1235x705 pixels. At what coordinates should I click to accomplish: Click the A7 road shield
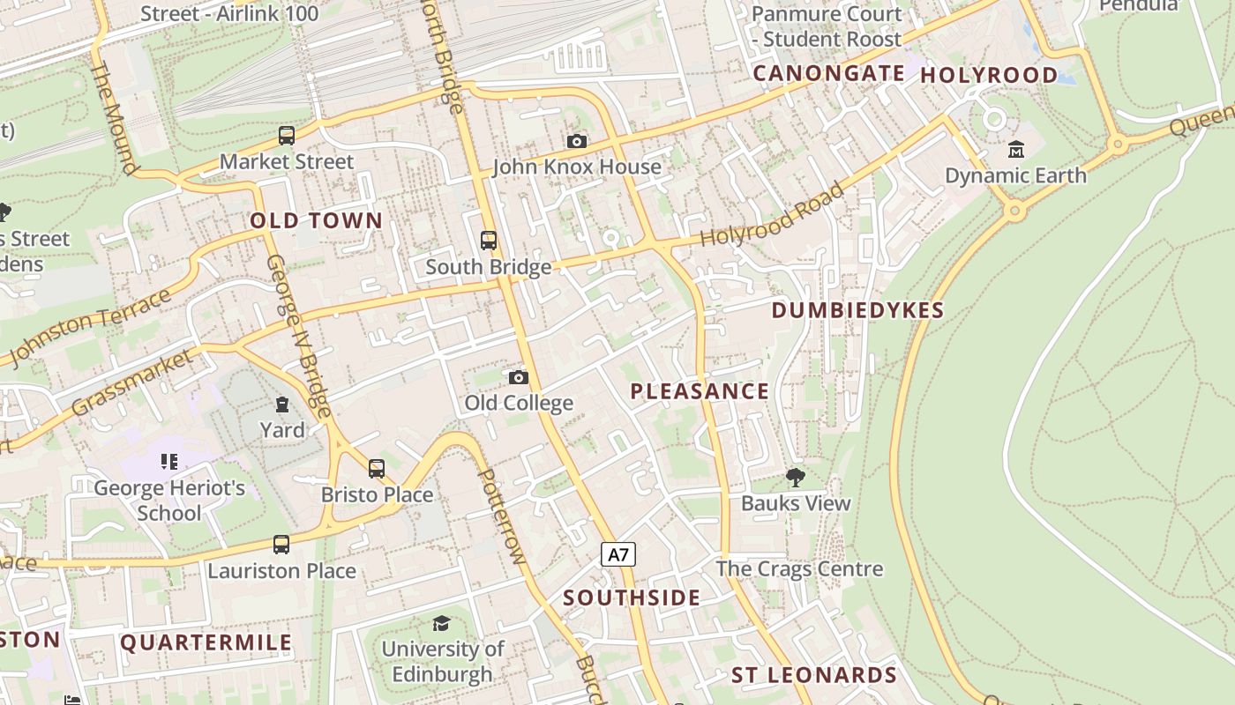618,554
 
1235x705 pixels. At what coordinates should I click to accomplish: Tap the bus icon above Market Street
286,136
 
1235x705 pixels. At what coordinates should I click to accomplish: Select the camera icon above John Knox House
577,141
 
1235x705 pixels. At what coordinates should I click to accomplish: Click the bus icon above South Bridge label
488,240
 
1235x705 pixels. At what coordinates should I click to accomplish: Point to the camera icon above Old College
519,377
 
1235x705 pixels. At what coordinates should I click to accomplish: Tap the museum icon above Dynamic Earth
1015,149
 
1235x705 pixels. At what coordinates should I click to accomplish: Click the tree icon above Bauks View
795,478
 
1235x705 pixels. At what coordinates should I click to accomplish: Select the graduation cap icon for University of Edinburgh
441,624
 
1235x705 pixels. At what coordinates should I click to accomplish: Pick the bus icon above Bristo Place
377,469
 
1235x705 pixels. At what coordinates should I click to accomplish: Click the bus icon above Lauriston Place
281,545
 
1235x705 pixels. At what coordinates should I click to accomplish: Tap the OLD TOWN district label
317,220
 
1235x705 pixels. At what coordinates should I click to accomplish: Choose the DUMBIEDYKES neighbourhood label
857,310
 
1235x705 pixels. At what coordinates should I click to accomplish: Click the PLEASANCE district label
700,391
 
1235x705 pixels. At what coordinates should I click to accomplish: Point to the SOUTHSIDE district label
632,597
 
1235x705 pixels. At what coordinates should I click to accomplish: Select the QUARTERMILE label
206,642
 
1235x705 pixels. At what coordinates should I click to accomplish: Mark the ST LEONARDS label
813,675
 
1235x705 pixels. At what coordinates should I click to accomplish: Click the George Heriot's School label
169,501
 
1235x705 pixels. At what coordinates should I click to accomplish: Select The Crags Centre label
799,568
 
